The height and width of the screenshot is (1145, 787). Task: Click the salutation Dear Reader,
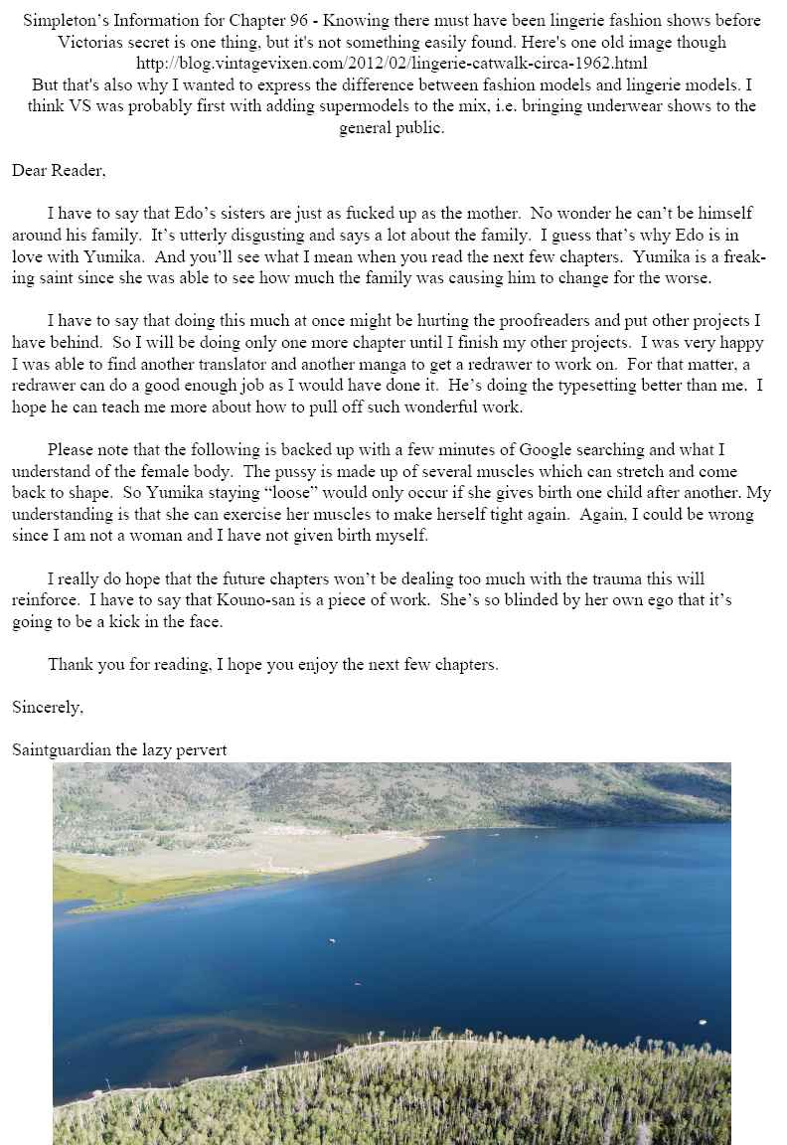click(x=59, y=171)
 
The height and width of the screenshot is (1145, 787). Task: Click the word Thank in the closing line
click(x=69, y=665)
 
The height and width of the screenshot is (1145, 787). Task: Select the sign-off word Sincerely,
click(x=48, y=708)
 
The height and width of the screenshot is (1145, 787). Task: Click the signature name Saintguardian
click(x=61, y=750)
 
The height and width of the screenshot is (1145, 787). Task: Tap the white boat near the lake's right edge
click(x=702, y=1021)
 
